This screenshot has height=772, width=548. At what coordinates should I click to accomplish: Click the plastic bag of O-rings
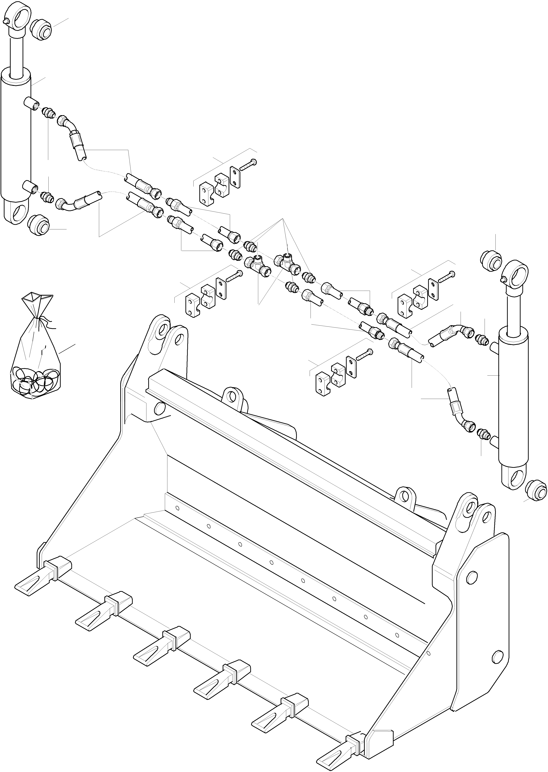[35, 358]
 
